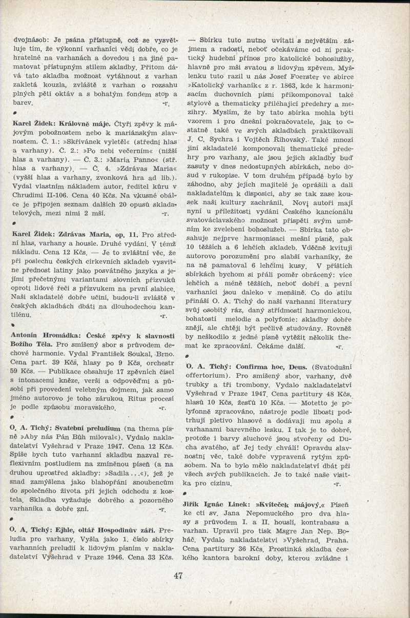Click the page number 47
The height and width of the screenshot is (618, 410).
(x=178, y=575)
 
